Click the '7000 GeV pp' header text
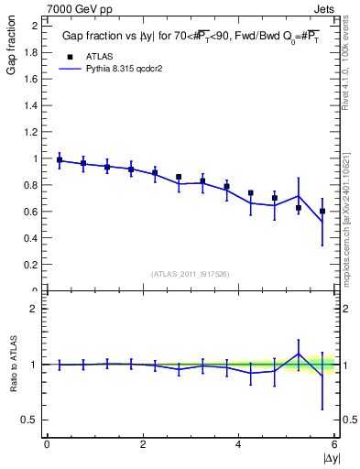click(79, 8)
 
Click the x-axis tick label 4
click(239, 444)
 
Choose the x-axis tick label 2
click(143, 444)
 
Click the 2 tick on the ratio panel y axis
click(35, 309)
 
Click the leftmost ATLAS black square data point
click(60, 160)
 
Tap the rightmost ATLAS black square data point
click(322, 212)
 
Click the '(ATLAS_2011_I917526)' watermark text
click(190, 274)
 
